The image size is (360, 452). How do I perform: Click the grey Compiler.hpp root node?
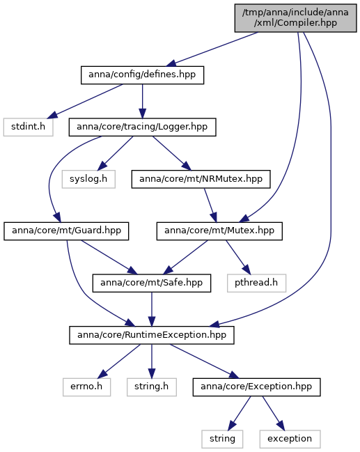point(295,18)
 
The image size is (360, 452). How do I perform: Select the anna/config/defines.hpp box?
point(142,75)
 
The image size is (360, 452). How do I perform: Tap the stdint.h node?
point(29,127)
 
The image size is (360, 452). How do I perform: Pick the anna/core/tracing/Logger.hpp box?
point(142,127)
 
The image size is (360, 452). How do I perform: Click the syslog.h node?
point(88,179)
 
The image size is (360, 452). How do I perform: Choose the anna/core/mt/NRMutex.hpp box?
point(201,179)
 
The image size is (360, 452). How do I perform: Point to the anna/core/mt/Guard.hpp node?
point(66,231)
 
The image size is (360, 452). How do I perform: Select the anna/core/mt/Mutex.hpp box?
point(219,231)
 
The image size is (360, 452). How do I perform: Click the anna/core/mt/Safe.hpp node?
point(152,283)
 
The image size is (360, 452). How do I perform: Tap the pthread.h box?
point(256,283)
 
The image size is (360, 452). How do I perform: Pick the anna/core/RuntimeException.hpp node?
point(152,335)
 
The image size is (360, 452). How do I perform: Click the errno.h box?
point(86,387)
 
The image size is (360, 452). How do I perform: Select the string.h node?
point(152,387)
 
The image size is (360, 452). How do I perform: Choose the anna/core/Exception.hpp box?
point(256,387)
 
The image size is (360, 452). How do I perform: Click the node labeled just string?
point(222,439)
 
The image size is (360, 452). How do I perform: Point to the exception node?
point(290,439)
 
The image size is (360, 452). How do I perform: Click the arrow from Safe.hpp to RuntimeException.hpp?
point(152,309)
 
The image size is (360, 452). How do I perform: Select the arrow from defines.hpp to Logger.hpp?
point(142,101)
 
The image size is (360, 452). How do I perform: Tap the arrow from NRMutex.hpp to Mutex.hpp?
point(210,205)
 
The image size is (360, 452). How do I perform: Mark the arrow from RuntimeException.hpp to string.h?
point(152,361)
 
